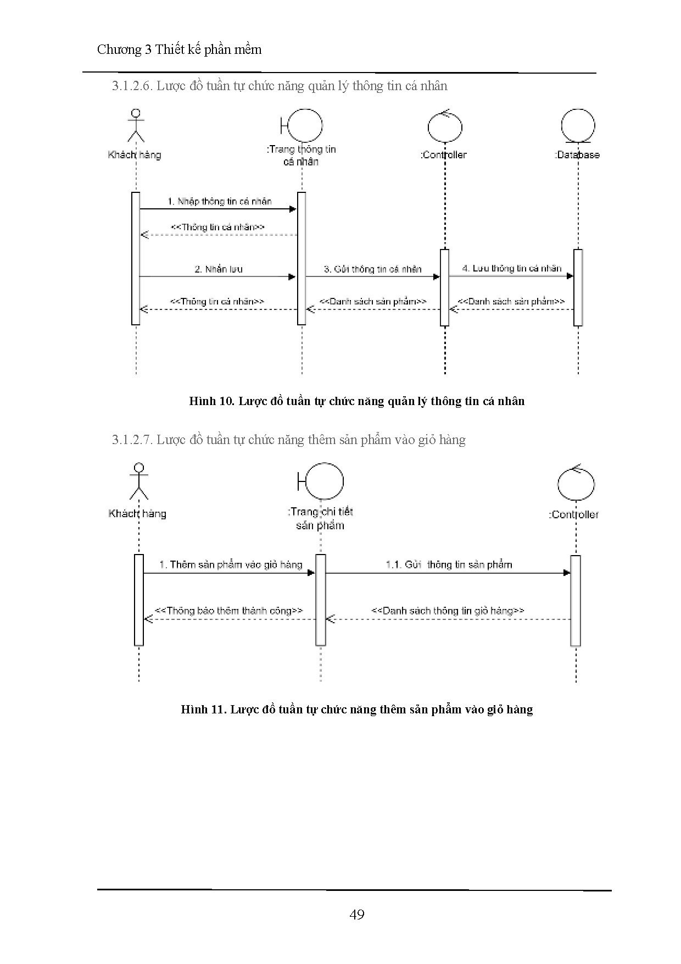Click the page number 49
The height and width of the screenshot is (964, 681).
pyautogui.click(x=356, y=914)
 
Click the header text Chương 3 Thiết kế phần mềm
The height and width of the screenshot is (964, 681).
pyautogui.click(x=179, y=49)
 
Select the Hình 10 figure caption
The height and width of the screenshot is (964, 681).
pyautogui.click(x=356, y=401)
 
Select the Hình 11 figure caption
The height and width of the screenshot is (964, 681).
pyautogui.click(x=356, y=709)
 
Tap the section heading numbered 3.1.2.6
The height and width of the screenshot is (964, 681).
pyautogui.click(x=280, y=86)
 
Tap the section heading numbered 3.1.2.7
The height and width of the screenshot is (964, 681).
pyautogui.click(x=289, y=440)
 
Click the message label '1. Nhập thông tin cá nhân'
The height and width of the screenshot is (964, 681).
pyautogui.click(x=219, y=201)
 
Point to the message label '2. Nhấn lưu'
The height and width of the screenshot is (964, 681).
pyautogui.click(x=218, y=269)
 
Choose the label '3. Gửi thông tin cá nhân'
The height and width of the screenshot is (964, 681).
pyautogui.click(x=373, y=269)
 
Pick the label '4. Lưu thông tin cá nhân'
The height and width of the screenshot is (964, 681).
pyautogui.click(x=512, y=268)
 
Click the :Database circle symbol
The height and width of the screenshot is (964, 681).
pyautogui.click(x=578, y=126)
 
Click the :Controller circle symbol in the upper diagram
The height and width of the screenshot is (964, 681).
pyautogui.click(x=445, y=128)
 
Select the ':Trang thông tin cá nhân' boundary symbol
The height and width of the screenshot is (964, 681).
pyautogui.click(x=302, y=126)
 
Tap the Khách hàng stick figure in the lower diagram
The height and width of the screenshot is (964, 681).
pyautogui.click(x=139, y=481)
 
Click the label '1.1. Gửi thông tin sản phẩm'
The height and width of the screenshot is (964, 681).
pyautogui.click(x=449, y=564)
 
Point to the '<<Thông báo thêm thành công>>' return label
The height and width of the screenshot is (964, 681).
pyautogui.click(x=229, y=611)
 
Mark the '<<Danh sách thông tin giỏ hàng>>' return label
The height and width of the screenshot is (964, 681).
pyautogui.click(x=448, y=611)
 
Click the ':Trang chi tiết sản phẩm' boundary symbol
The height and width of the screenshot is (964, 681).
pyautogui.click(x=321, y=482)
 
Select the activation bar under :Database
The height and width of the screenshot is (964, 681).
pyautogui.click(x=578, y=287)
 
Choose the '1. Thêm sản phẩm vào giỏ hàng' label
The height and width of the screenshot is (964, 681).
pyautogui.click(x=231, y=564)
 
